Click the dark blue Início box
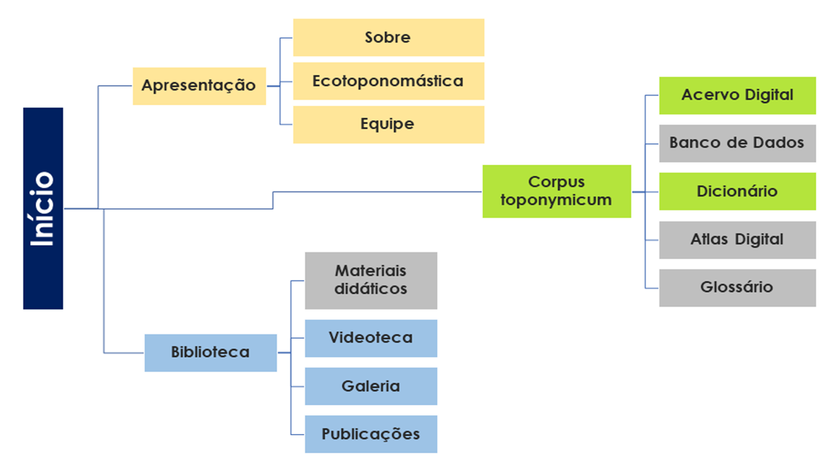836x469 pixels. (x=43, y=208)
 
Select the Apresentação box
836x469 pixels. (x=199, y=86)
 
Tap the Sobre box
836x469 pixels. (x=388, y=37)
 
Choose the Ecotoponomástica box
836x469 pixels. (x=388, y=81)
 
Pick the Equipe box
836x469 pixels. (x=388, y=124)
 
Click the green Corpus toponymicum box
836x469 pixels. (x=556, y=191)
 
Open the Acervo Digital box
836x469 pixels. (x=737, y=96)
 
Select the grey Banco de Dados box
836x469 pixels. (x=737, y=143)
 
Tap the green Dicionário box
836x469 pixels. (x=737, y=191)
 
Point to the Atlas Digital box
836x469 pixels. (x=737, y=239)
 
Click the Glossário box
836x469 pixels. (x=737, y=287)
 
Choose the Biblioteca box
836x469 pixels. (x=210, y=353)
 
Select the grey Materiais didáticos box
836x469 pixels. (x=371, y=280)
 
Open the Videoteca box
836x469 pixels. (x=371, y=338)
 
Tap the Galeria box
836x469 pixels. (x=371, y=386)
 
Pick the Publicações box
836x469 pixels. (x=371, y=434)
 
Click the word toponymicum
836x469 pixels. (x=556, y=200)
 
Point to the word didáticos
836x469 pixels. (x=371, y=288)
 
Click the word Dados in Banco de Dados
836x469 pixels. (x=779, y=143)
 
